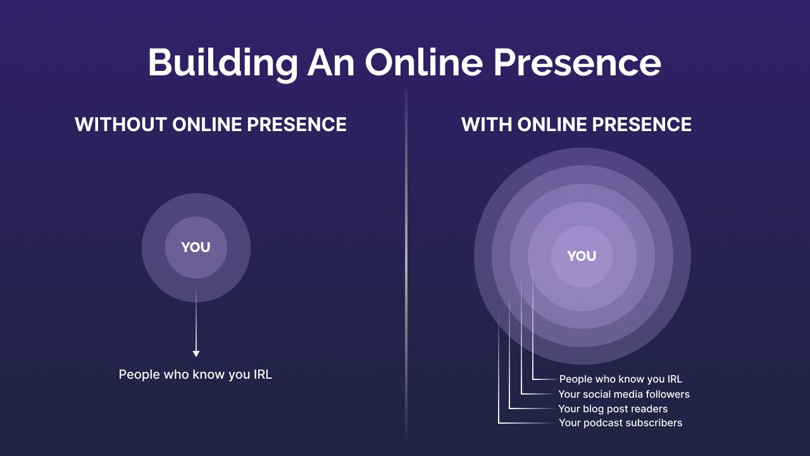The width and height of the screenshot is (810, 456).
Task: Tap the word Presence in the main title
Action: pos(578,62)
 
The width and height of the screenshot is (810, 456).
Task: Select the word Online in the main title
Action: pos(424,62)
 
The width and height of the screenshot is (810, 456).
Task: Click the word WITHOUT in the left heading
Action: pos(121,125)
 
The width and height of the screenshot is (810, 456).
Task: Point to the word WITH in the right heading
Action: pos(487,125)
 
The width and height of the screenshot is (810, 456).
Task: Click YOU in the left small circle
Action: pos(196,248)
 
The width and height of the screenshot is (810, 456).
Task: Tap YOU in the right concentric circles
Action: pos(582,256)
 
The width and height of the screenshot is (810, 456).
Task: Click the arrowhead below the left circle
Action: pos(196,353)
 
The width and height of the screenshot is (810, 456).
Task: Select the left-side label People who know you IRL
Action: pos(196,374)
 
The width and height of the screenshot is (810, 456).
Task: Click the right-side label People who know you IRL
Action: pos(621,379)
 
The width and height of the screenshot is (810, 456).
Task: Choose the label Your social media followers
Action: pos(624,394)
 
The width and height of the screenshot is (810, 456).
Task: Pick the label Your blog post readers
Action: pos(613,409)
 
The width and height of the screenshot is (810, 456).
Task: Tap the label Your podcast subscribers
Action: pos(621,422)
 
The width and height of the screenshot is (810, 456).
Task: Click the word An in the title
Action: pos(330,62)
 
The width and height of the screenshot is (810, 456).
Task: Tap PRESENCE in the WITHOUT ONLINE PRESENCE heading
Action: pos(297,125)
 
